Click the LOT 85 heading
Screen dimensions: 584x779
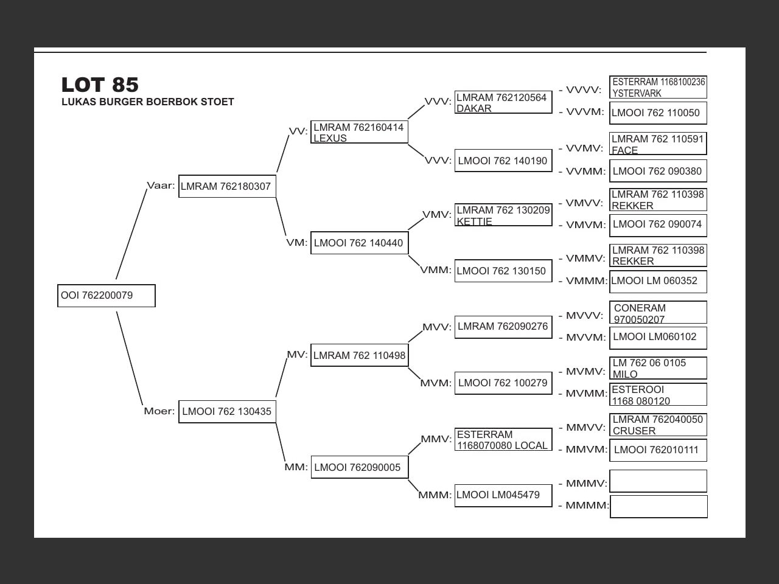[x=100, y=85]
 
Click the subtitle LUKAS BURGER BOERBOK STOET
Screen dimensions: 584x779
[x=148, y=102]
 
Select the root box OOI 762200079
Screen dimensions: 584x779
[x=107, y=296]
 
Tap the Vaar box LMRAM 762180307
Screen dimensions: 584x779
[x=227, y=186]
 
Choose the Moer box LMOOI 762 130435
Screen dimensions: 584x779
[x=227, y=411]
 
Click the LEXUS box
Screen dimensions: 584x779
[x=359, y=132]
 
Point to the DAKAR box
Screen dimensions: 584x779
[x=503, y=102]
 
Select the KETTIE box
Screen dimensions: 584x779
[x=503, y=215]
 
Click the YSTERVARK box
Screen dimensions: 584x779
[x=658, y=87]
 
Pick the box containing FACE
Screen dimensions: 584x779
[x=658, y=144]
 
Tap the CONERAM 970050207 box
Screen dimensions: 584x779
[x=658, y=313]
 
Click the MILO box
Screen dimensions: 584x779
[x=658, y=368]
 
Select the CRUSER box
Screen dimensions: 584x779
[x=658, y=425]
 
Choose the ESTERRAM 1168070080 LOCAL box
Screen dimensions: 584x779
[x=503, y=439]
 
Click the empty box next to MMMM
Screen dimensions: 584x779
[x=658, y=507]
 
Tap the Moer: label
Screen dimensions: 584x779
[x=159, y=411]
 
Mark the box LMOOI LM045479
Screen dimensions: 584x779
[x=503, y=495]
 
